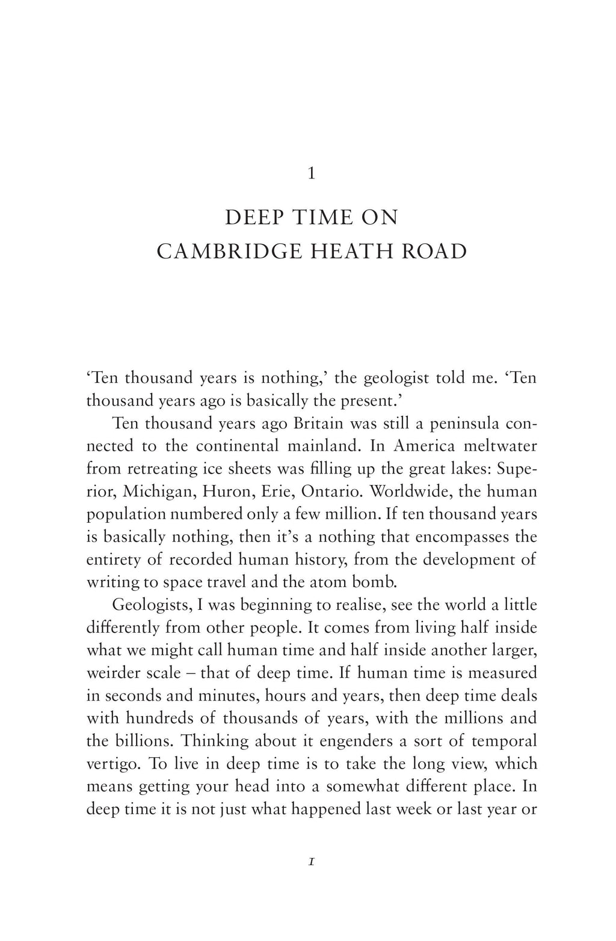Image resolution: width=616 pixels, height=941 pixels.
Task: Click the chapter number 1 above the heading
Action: point(311,174)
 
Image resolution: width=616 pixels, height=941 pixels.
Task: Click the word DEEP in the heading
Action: point(253,218)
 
